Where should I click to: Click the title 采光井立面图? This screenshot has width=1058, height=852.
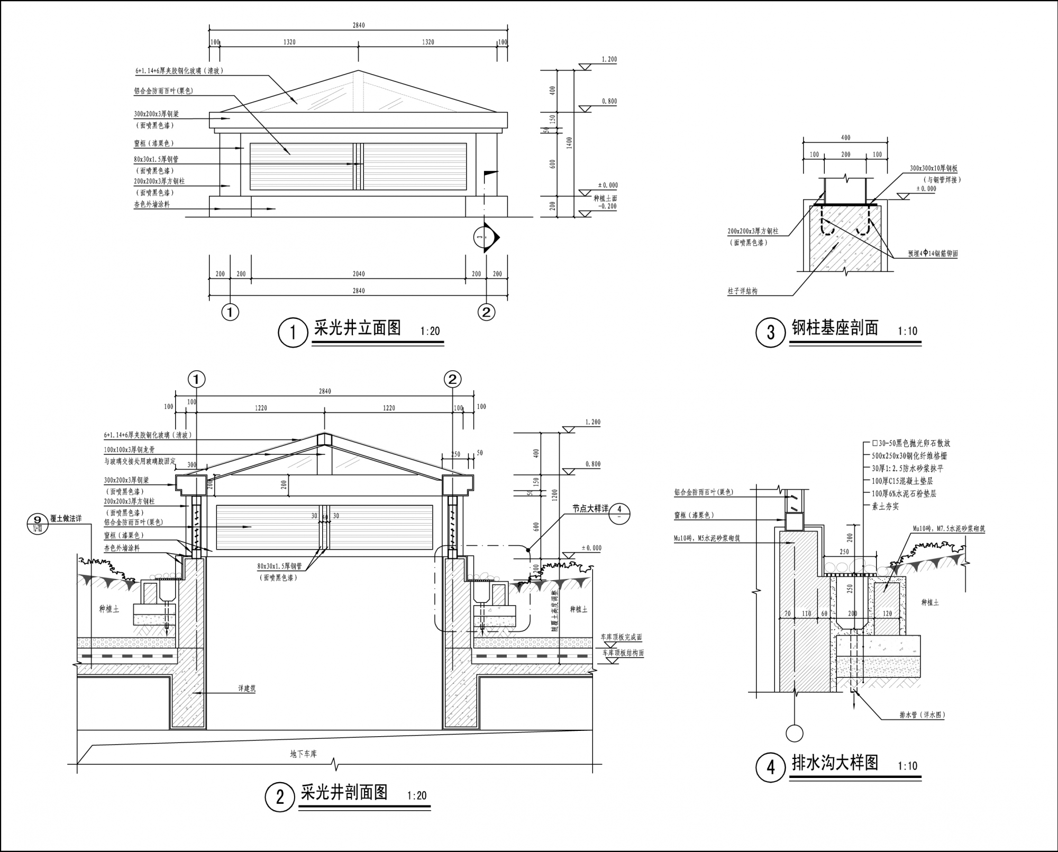tap(357, 328)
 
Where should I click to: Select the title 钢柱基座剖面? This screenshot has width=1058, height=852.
tap(835, 328)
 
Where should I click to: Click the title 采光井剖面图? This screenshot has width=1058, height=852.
tap(344, 792)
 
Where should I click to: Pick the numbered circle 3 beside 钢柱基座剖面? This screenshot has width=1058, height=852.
tap(770, 333)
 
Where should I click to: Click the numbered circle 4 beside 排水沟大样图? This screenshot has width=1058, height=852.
tap(770, 767)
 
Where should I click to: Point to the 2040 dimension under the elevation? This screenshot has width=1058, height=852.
tap(358, 274)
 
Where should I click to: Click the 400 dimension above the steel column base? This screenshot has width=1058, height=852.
tap(845, 138)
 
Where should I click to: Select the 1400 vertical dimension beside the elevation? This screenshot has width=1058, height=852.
tap(568, 142)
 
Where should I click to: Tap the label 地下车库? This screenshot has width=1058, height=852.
tap(303, 754)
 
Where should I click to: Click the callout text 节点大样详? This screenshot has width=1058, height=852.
tap(590, 509)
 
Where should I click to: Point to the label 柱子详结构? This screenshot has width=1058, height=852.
tap(742, 291)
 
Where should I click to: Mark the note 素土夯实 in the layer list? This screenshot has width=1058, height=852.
tap(885, 507)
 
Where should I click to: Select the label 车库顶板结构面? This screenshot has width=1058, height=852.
tap(623, 653)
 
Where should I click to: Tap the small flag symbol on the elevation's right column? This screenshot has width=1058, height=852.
tap(490, 172)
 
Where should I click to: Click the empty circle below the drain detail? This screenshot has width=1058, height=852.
tap(795, 733)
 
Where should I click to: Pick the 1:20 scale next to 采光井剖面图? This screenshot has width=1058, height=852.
tap(417, 796)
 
